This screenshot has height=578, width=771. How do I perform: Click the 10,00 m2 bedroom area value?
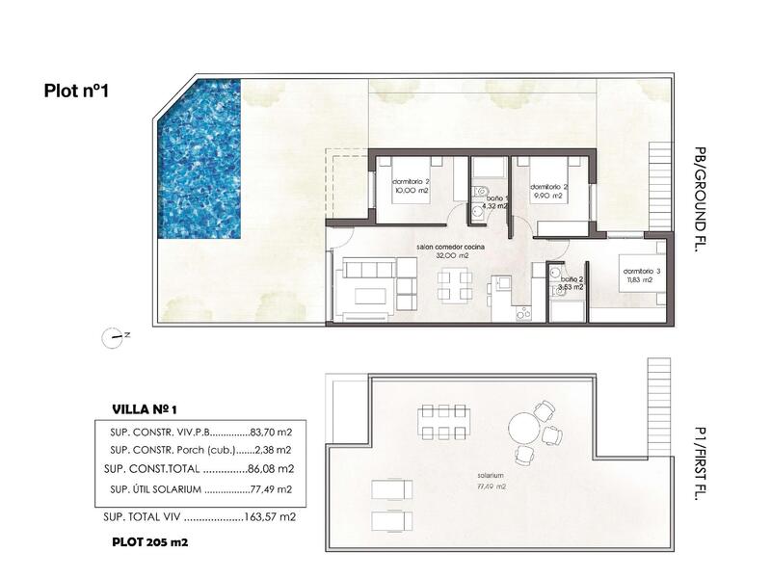pyautogui.click(x=411, y=191)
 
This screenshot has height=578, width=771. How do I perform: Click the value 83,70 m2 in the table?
pyautogui.click(x=272, y=433)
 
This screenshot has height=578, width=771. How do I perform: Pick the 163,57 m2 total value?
pyautogui.click(x=271, y=517)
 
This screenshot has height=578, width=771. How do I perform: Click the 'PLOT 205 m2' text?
pyautogui.click(x=149, y=542)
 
